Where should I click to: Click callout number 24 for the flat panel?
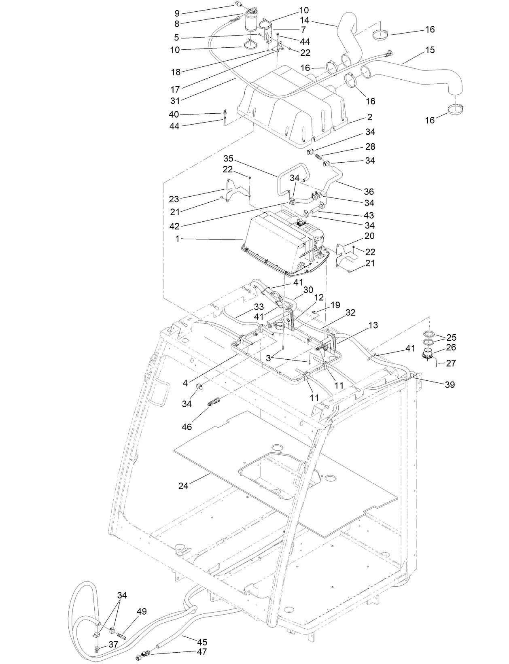(x=183, y=486)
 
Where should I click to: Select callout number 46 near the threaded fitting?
(x=187, y=427)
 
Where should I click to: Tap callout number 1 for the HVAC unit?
(x=177, y=239)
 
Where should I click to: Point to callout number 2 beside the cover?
(x=369, y=117)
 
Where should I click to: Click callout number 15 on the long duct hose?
(x=430, y=50)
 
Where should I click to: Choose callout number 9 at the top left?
(x=177, y=13)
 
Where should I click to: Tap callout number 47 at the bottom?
(x=201, y=652)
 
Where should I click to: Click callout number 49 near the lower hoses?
(x=141, y=611)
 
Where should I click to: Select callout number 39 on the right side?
(x=450, y=384)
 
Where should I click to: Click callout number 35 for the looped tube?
(x=228, y=158)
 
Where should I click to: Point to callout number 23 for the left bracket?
(x=174, y=199)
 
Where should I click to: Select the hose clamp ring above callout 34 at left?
(x=199, y=387)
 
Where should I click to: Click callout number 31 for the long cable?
(x=175, y=101)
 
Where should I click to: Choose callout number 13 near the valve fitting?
(x=373, y=325)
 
